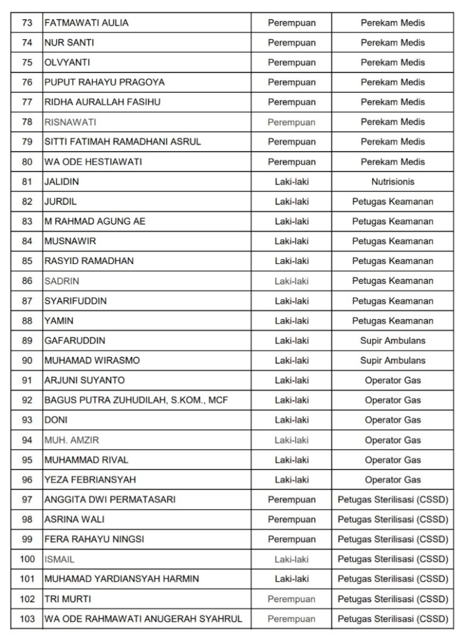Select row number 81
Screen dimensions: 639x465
[x=27, y=182]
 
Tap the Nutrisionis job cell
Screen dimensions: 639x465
[x=393, y=182]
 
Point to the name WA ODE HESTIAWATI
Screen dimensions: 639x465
[x=93, y=162]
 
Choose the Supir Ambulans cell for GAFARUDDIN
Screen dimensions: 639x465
[x=393, y=341]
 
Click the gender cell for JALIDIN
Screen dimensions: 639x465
[x=291, y=182]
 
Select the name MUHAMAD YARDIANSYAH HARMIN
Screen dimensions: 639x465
[x=122, y=579]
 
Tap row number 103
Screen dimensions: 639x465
[x=27, y=619]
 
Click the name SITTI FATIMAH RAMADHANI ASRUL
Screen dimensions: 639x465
[x=122, y=142]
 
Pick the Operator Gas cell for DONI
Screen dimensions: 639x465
[x=393, y=420]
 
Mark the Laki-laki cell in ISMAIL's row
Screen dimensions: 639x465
[x=291, y=559]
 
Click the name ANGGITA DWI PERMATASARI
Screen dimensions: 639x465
[x=110, y=500]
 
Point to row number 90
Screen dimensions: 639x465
[x=27, y=361]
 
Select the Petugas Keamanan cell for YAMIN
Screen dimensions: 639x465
[x=393, y=321]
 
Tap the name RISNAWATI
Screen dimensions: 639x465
[x=70, y=122]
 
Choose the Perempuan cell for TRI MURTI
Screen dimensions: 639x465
[x=291, y=599]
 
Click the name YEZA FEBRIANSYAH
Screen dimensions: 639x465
[x=90, y=480]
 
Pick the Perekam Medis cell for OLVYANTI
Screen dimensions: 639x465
[x=393, y=62]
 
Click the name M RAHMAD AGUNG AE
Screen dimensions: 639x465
[x=95, y=222]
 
